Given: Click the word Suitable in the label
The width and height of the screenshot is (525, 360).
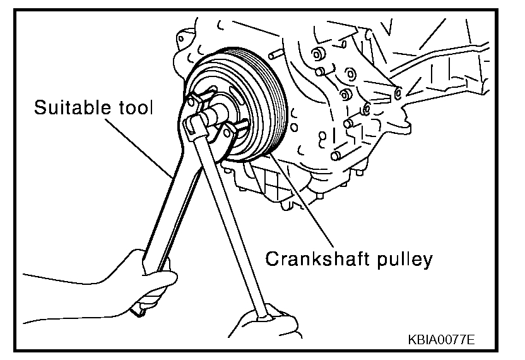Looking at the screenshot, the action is click(69, 108).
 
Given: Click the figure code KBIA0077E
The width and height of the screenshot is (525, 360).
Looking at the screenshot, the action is click(441, 339).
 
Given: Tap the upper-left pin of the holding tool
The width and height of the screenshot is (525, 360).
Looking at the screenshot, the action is click(192, 96).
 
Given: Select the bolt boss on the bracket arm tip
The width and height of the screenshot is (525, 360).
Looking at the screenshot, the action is click(398, 93).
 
